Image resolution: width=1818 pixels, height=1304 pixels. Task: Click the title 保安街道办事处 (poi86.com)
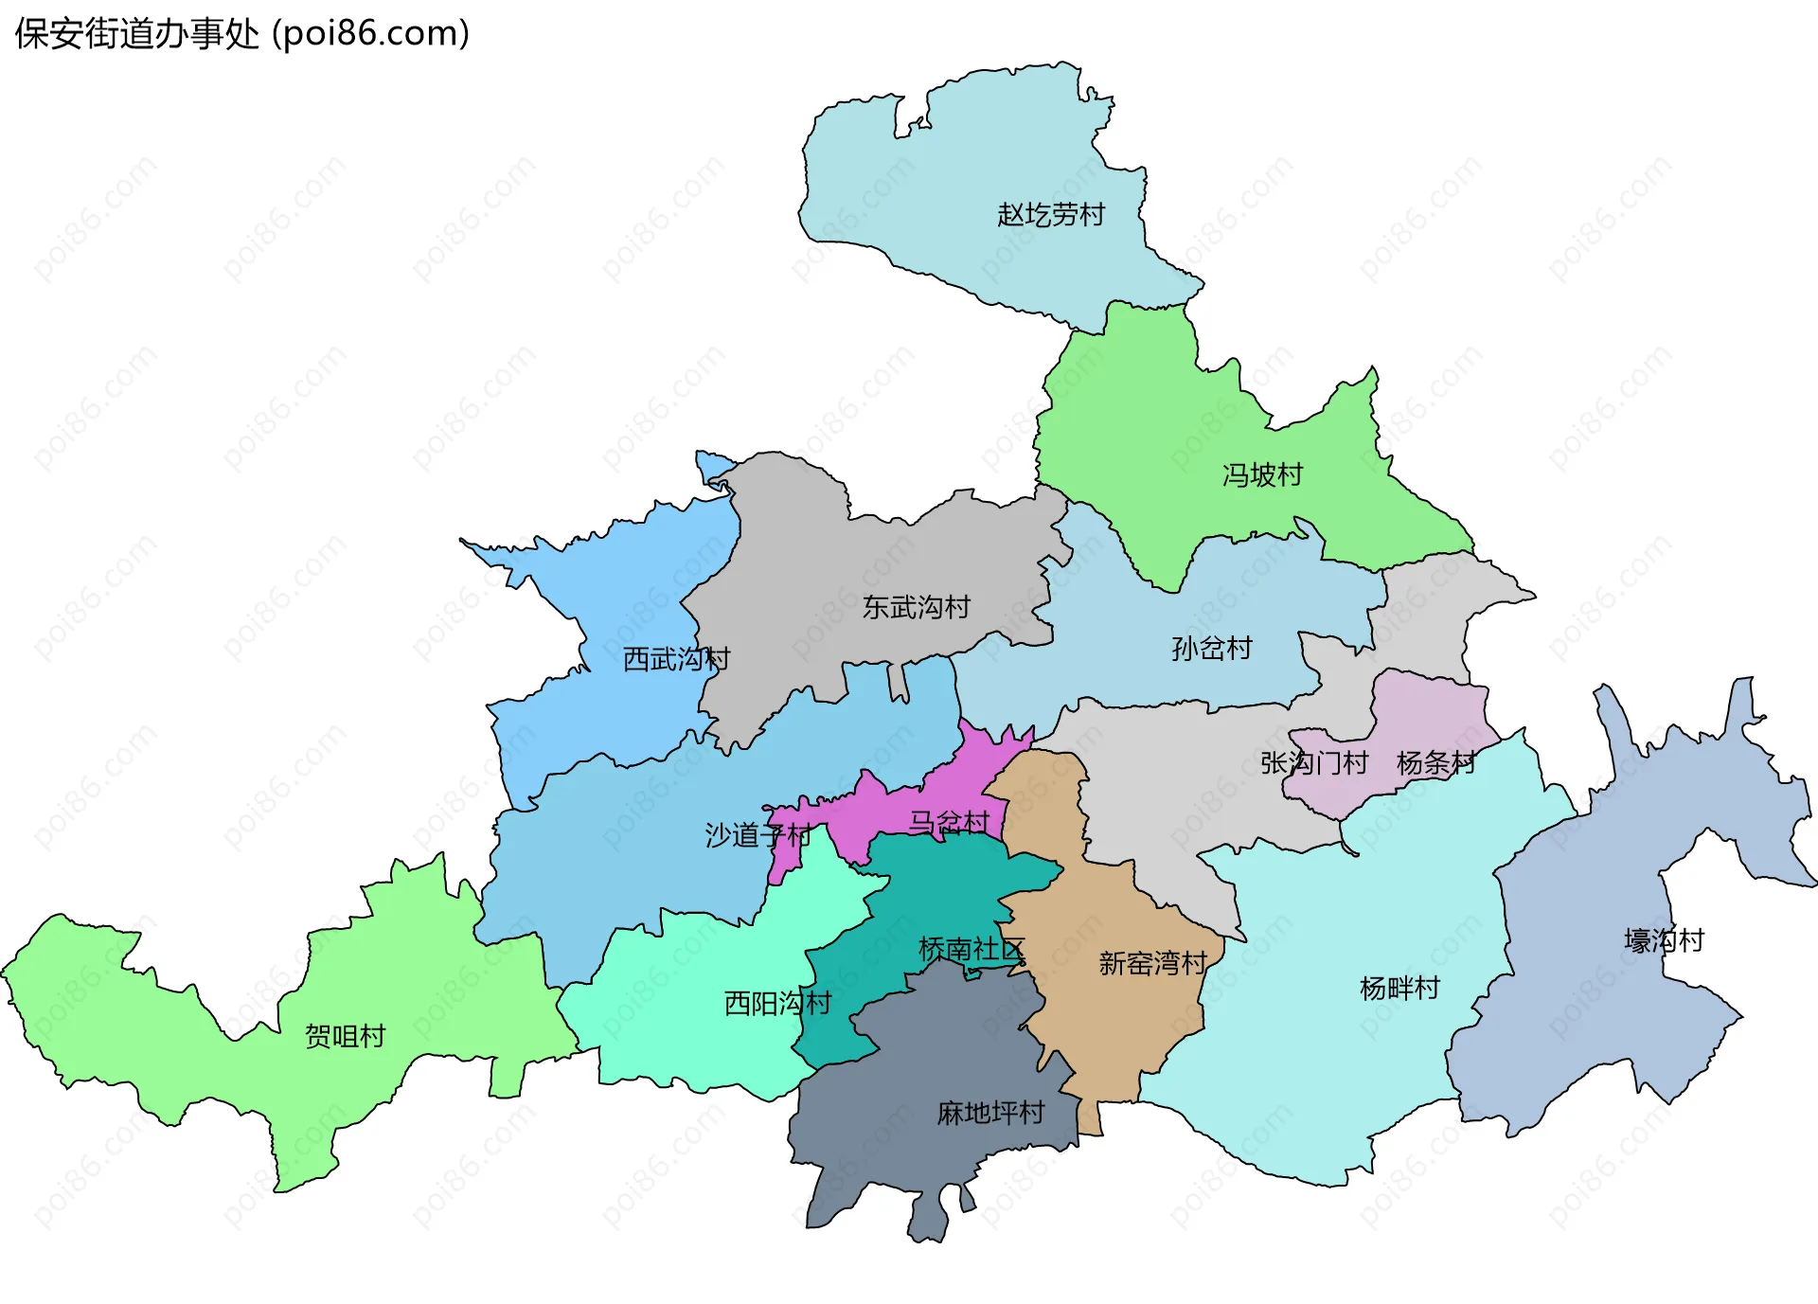pos(242,34)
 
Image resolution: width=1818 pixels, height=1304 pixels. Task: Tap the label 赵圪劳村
pos(1051,215)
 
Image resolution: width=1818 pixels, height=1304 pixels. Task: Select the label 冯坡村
pos(1262,474)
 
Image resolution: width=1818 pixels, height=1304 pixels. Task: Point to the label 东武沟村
pos(916,607)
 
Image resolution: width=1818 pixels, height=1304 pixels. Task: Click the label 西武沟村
pos(676,659)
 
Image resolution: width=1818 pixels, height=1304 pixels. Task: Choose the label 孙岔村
pos(1212,649)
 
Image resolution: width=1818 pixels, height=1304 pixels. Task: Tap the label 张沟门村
pos(1314,762)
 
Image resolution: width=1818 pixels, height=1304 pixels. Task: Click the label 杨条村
pos(1435,762)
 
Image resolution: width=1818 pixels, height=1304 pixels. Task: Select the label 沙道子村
pos(757,835)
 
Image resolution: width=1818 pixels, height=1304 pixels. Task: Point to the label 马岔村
pos(949,822)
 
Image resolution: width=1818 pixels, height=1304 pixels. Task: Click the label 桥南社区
pos(971,949)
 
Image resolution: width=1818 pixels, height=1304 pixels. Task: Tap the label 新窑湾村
pos(1152,963)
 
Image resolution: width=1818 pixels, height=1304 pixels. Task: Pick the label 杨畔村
pos(1399,989)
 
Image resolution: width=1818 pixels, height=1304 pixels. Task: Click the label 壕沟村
pos(1664,940)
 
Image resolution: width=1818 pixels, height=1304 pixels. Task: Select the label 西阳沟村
pos(777,1003)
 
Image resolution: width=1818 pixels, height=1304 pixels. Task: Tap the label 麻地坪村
pos(990,1113)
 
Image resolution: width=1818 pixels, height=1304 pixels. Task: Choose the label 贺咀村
pos(345,1036)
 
